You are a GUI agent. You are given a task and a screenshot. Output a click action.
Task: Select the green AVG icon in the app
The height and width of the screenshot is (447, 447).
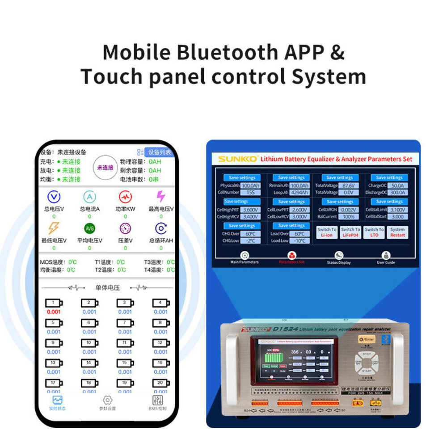89,228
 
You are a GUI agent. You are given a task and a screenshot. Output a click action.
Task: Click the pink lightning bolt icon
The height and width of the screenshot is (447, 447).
160,196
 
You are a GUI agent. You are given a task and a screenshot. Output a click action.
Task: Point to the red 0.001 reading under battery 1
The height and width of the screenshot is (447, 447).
53,312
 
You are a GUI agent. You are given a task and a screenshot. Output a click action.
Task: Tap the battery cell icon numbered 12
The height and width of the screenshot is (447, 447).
160,343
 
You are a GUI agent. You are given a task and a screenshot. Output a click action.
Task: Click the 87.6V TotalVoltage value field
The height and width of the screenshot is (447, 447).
348,186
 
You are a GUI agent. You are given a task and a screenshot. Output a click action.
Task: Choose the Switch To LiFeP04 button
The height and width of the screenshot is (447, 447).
350,232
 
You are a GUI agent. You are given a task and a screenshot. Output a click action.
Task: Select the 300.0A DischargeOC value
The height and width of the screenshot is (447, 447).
397,193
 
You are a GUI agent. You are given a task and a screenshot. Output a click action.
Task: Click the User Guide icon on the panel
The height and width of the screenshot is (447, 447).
386,256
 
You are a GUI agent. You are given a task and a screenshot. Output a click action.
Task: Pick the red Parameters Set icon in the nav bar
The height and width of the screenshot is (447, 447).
291,255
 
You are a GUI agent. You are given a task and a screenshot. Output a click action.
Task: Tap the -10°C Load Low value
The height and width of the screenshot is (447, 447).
299,240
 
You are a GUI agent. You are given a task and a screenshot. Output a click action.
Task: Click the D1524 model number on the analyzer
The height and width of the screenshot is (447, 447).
285,329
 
